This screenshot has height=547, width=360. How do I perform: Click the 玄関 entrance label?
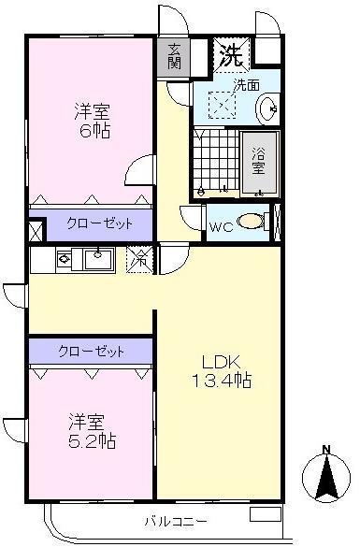[174, 56]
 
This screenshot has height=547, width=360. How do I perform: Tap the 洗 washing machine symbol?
[230, 54]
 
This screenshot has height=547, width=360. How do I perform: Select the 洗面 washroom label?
[247, 84]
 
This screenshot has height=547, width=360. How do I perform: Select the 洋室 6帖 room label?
[92, 121]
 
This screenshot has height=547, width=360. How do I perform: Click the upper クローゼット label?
[98, 224]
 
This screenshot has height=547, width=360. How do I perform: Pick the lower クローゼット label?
[91, 351]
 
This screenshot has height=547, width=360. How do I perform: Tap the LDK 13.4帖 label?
[221, 371]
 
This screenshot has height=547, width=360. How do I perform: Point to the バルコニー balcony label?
[176, 521]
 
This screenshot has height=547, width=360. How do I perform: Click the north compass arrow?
[327, 478]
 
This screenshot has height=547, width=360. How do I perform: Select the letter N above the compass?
[326, 450]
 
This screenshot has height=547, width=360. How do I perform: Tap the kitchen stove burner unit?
[64, 258]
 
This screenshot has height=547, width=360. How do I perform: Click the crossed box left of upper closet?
[36, 231]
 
